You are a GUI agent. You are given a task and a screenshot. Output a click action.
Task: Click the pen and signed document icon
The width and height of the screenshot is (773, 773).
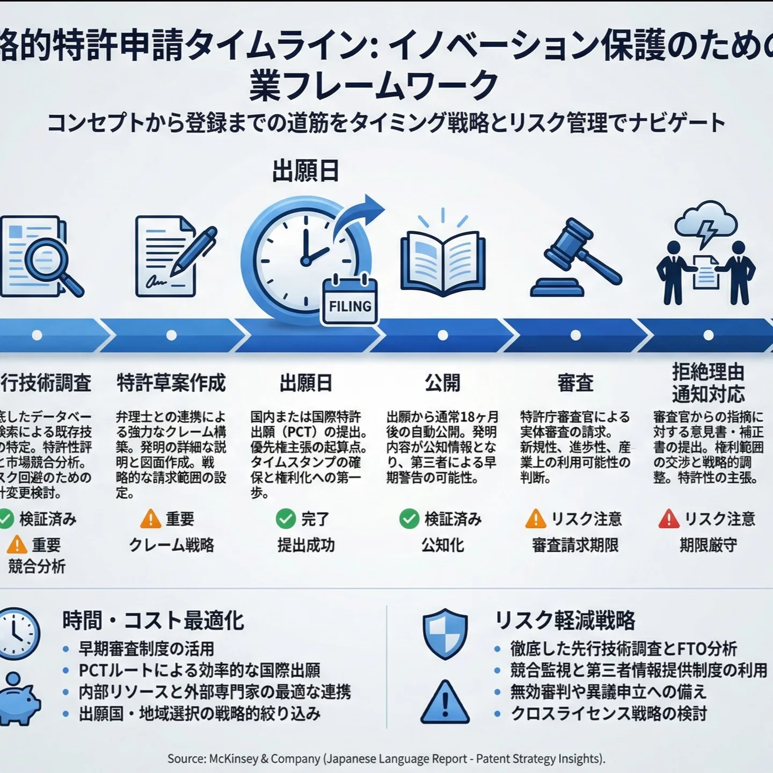(174, 257)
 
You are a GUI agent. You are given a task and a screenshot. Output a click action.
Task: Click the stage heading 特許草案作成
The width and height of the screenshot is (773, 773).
(171, 383)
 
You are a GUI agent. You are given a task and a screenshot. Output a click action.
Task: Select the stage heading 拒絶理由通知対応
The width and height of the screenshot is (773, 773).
(708, 383)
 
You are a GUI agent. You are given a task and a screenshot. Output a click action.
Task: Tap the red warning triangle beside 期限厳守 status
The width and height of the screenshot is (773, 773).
(668, 519)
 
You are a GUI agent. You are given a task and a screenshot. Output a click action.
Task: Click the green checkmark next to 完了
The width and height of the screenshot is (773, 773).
(286, 519)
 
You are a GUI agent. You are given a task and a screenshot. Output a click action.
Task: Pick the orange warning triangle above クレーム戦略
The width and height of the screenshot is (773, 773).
(150, 519)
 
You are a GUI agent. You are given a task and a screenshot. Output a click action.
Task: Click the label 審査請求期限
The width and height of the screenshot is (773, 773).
(575, 545)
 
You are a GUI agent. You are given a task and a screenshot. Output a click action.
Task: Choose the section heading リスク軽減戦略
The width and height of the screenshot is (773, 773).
(565, 621)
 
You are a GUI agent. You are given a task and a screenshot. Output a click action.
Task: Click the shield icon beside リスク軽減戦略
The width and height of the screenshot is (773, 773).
(445, 633)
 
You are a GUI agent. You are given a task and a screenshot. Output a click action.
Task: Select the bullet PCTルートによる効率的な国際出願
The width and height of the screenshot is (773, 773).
(199, 670)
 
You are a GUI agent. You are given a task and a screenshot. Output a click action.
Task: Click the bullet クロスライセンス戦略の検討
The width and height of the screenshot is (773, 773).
(609, 714)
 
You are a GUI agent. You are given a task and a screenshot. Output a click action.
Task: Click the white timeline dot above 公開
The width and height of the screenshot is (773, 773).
(443, 336)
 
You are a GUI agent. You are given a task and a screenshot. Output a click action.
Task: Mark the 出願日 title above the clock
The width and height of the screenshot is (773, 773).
(305, 172)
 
